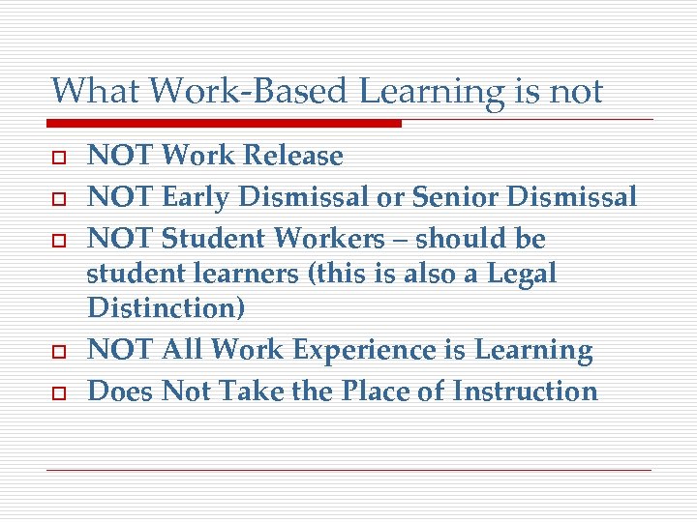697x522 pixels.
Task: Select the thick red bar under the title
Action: (225, 124)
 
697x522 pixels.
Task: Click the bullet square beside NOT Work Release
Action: (58, 157)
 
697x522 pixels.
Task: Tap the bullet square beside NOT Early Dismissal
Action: (58, 198)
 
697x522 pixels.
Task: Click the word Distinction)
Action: (166, 308)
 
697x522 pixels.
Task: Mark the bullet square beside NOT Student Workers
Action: (58, 240)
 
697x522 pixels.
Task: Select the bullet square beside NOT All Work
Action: (58, 351)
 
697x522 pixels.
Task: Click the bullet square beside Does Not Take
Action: (58, 391)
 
